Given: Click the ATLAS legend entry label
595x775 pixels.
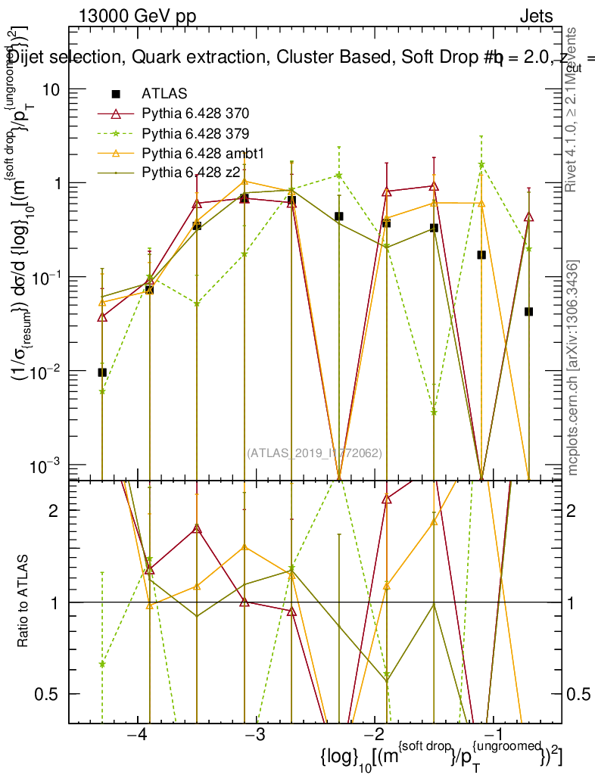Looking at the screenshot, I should point(160,94).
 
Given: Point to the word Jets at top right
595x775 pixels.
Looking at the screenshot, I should point(536,17).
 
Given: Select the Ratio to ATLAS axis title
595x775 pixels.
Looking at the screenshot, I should point(23,602).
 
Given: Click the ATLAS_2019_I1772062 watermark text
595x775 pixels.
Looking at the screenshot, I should point(313,453).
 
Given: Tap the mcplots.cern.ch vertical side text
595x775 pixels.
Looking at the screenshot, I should point(574,368).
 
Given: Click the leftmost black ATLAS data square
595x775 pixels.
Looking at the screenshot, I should point(102,372).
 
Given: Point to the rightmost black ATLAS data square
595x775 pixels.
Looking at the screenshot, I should point(528,312).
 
